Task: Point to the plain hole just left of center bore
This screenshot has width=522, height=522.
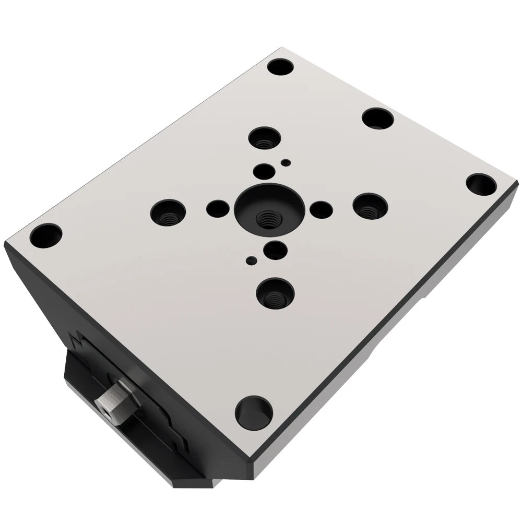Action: point(217,209)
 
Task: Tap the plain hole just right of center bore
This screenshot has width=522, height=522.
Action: point(321,209)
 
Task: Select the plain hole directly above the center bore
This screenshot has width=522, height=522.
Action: point(264,170)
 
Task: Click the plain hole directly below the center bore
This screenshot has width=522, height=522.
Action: point(275,250)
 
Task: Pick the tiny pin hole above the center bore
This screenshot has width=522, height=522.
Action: point(285,163)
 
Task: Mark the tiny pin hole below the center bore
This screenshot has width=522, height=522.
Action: point(252,258)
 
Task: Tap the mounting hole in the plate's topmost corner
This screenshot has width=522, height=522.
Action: point(280,67)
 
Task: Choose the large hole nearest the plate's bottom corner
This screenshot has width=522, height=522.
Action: point(254,409)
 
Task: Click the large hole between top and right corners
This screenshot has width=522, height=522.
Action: point(377,118)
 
